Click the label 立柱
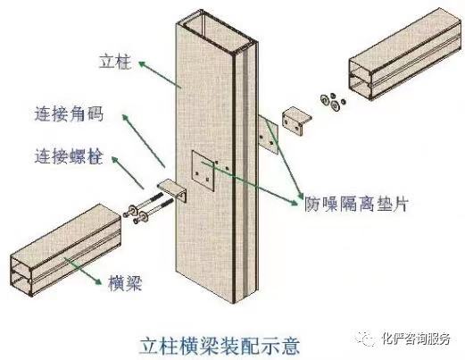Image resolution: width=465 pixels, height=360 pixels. (x=115, y=62)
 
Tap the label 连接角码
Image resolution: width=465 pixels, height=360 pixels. (x=69, y=114)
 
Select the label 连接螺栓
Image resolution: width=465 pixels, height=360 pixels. (x=69, y=156)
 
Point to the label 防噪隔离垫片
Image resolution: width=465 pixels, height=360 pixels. (x=356, y=204)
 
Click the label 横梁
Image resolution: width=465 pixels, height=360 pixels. (x=125, y=282)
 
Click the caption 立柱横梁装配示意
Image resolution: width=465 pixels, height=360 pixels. (x=220, y=346)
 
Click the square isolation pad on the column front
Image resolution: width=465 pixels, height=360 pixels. (x=203, y=171)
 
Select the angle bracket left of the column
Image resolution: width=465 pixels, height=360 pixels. (x=172, y=189)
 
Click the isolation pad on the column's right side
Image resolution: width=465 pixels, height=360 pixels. (x=268, y=134)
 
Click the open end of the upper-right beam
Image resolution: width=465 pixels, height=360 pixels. (x=361, y=78)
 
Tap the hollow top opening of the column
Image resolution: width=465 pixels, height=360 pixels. (x=220, y=30)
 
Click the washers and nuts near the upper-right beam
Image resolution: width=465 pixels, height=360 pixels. (x=333, y=101)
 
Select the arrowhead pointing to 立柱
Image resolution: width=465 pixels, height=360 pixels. (x=143, y=64)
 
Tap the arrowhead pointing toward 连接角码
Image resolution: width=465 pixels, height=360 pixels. (x=125, y=118)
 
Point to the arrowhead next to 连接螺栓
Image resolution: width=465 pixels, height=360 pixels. (x=115, y=160)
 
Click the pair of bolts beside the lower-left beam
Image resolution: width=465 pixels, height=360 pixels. (x=148, y=208)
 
